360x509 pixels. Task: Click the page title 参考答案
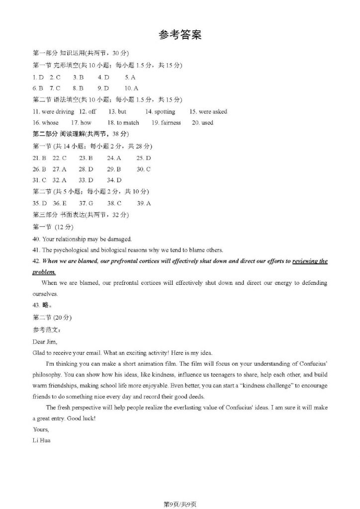click(x=180, y=35)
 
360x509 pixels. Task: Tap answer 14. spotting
click(x=160, y=111)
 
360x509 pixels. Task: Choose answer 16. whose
click(x=45, y=122)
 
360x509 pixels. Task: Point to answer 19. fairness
click(x=167, y=122)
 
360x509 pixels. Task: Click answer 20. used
click(x=202, y=122)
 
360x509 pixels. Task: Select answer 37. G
click(x=86, y=203)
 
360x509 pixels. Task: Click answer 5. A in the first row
click(x=130, y=77)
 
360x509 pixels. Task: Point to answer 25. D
click(x=144, y=158)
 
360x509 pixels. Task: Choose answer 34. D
click(x=114, y=180)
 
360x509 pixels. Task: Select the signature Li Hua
click(x=41, y=440)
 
